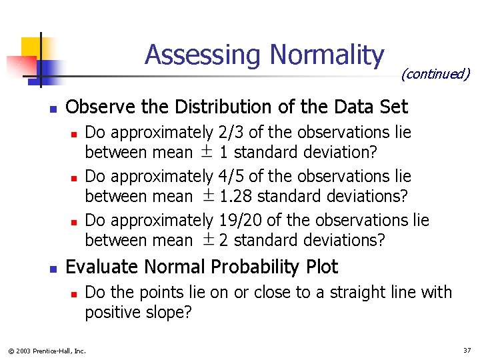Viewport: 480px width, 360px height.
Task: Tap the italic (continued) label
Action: (x=435, y=74)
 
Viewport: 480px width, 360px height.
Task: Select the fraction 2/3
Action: (x=231, y=133)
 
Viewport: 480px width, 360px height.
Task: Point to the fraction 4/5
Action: (x=231, y=177)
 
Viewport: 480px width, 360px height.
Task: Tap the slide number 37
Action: (x=467, y=350)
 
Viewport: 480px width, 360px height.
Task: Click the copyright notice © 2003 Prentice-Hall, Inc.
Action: (x=47, y=351)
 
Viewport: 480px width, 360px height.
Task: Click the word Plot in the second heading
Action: (x=323, y=267)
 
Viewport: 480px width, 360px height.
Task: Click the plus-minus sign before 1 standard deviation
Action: (x=207, y=153)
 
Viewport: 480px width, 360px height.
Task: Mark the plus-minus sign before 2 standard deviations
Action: (x=209, y=240)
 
